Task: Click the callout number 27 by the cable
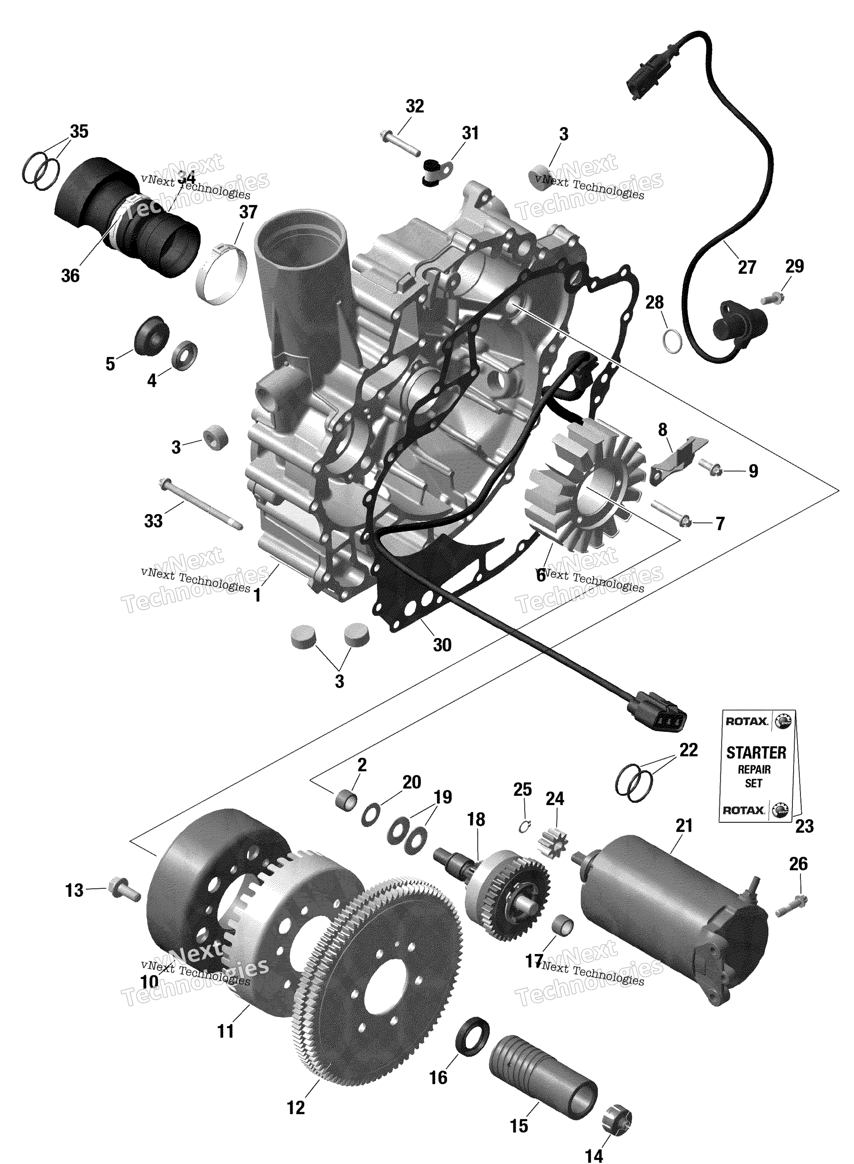(x=746, y=267)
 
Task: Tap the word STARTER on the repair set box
(x=756, y=753)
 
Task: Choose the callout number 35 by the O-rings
(x=79, y=132)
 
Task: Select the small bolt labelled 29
(x=772, y=298)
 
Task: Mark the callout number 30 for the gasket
(x=442, y=645)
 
